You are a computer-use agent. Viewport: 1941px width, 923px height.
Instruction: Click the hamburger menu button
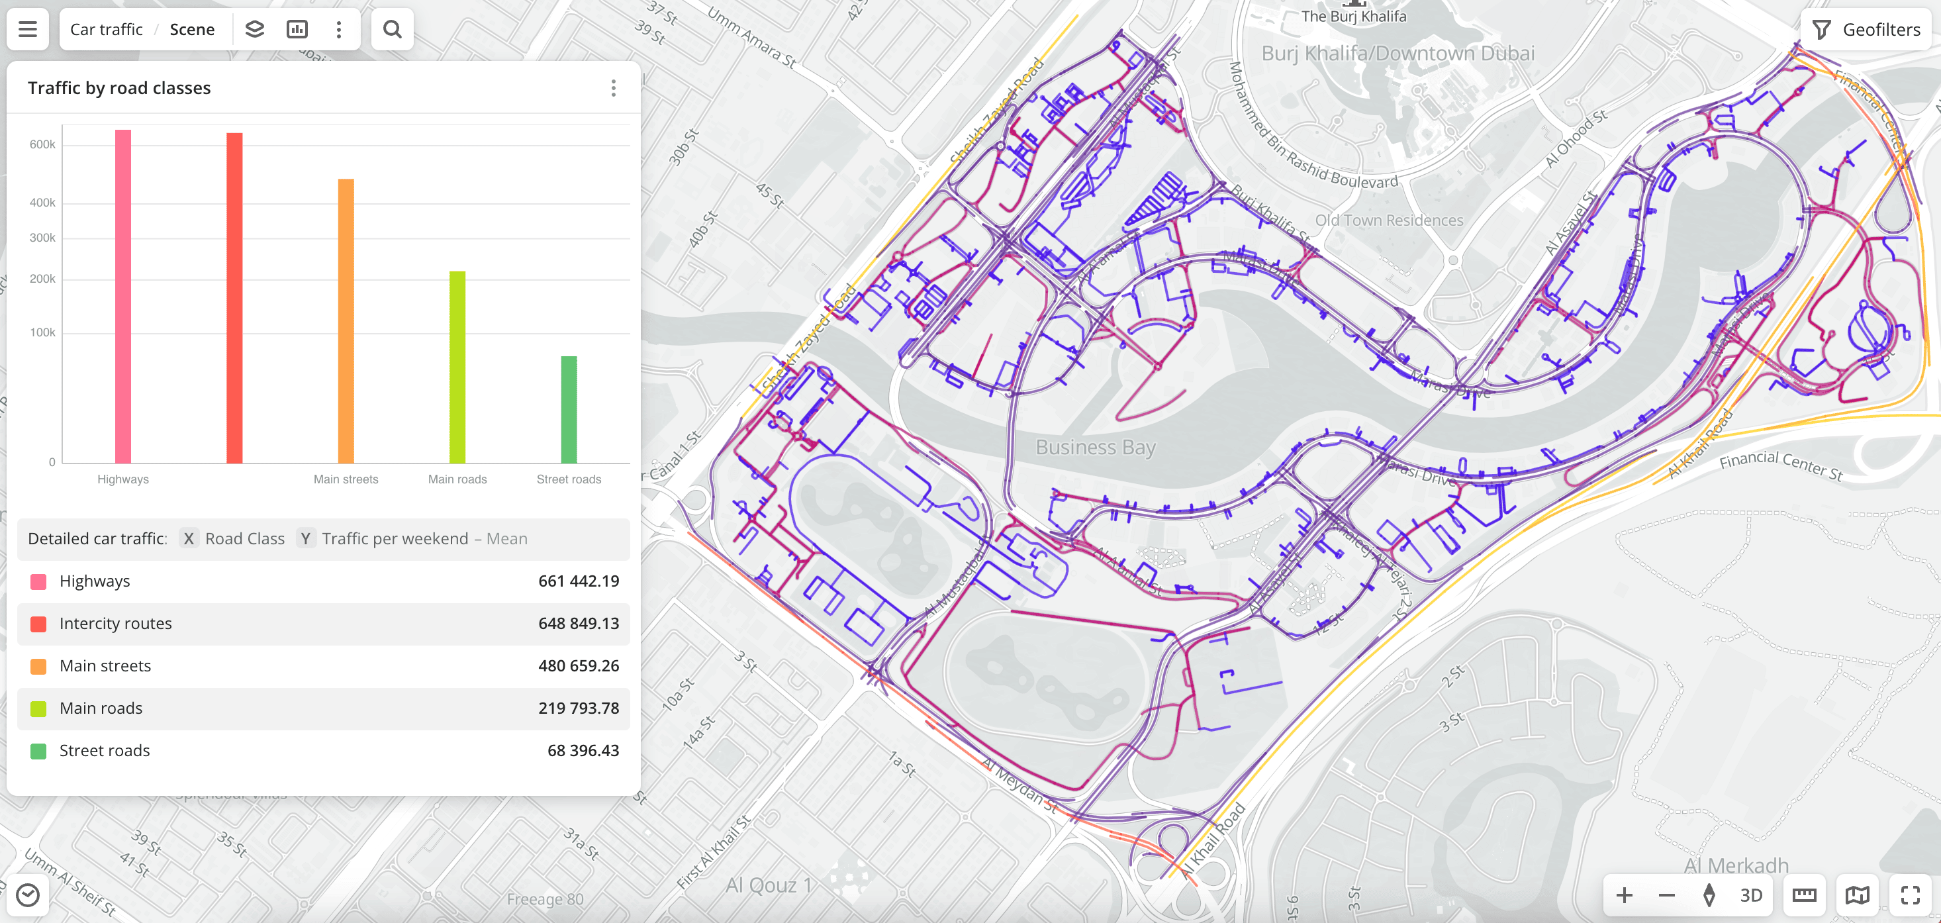click(x=28, y=29)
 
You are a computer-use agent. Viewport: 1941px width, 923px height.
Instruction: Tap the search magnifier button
click(x=392, y=29)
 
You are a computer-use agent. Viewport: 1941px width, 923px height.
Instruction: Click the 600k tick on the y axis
click(x=42, y=144)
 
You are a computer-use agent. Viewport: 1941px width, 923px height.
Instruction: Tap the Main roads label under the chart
click(x=457, y=479)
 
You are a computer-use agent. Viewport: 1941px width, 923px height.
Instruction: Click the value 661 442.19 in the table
click(x=578, y=581)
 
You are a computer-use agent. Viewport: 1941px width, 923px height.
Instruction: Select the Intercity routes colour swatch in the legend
click(x=38, y=624)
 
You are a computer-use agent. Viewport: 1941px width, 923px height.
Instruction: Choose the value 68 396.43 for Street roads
click(x=583, y=750)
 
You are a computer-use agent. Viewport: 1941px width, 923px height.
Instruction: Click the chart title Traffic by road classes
click(x=119, y=88)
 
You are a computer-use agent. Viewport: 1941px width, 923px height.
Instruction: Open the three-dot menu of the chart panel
click(x=613, y=88)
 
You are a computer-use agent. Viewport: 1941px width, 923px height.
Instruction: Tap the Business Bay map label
click(x=1095, y=447)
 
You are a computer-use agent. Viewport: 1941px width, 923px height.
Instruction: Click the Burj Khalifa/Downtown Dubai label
click(x=1397, y=54)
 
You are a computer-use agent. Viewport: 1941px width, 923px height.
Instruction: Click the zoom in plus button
click(x=1624, y=895)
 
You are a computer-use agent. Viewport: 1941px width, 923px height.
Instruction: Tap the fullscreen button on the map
click(x=1910, y=895)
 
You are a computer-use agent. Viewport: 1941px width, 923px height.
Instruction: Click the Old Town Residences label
click(x=1389, y=220)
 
